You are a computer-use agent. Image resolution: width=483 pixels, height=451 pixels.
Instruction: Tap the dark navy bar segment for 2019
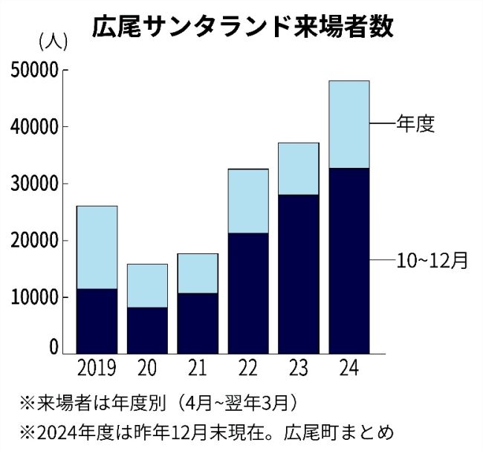pos(97,320)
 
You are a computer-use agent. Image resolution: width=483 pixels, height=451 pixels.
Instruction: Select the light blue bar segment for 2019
pos(97,247)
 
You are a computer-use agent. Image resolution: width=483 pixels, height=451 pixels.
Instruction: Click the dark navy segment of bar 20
pos(147,330)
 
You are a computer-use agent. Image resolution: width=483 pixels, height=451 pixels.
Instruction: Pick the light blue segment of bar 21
pos(198,273)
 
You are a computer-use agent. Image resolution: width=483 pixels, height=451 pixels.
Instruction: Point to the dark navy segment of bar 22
pos(248,293)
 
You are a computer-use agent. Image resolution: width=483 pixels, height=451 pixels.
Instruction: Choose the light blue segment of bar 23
pos(299,169)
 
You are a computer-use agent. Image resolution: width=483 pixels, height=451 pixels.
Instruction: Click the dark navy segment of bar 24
pos(349,260)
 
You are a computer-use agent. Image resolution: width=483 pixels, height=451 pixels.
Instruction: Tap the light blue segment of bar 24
pos(349,124)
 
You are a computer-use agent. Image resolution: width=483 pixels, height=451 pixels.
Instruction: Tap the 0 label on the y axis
pos(54,346)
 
